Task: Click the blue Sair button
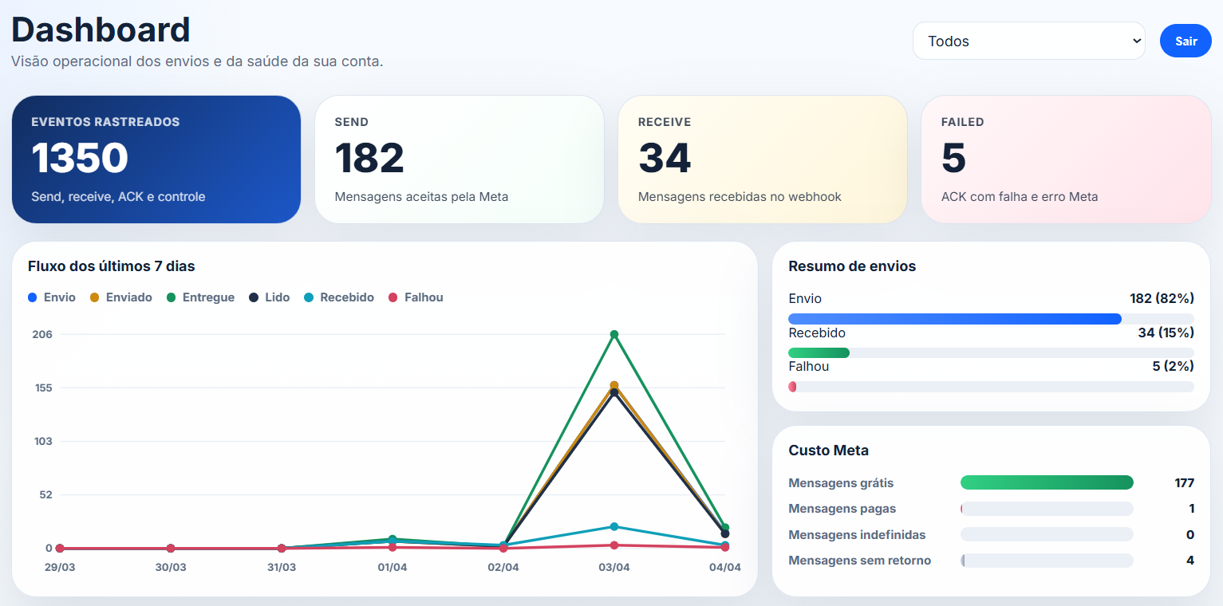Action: pyautogui.click(x=1186, y=41)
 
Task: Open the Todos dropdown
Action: pyautogui.click(x=1028, y=41)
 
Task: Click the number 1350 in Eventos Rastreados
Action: pyautogui.click(x=80, y=158)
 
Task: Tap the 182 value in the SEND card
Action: pyautogui.click(x=369, y=158)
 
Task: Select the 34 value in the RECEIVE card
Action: pyautogui.click(x=665, y=158)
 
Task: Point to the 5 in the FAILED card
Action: pyautogui.click(x=953, y=158)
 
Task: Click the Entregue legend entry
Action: pyautogui.click(x=200, y=297)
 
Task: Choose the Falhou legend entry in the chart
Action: pyautogui.click(x=416, y=297)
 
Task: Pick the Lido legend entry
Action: pyautogui.click(x=269, y=297)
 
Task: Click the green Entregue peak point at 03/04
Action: pyautogui.click(x=614, y=334)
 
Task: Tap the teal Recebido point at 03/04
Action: pyautogui.click(x=614, y=526)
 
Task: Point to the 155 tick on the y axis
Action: pyautogui.click(x=42, y=388)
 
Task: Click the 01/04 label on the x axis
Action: pyautogui.click(x=392, y=568)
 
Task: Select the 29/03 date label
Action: pyautogui.click(x=59, y=568)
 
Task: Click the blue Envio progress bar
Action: pyautogui.click(x=954, y=319)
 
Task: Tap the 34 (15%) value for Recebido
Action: pyautogui.click(x=1166, y=333)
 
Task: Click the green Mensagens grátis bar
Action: pyautogui.click(x=1047, y=482)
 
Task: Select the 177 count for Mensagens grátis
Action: pyautogui.click(x=1184, y=483)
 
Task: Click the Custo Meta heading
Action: pyautogui.click(x=828, y=451)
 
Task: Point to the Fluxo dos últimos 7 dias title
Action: pyautogui.click(x=111, y=266)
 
